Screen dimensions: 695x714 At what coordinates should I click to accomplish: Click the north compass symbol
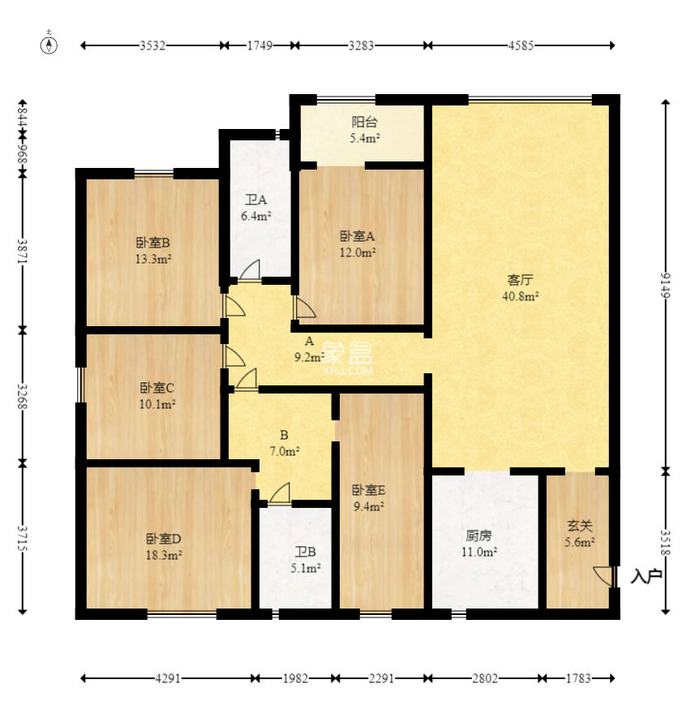pos(49,45)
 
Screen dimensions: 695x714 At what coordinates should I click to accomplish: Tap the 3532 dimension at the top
pos(152,45)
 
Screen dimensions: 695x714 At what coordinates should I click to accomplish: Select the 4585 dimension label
pos(521,45)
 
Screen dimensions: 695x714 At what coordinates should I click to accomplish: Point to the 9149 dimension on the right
pos(666,285)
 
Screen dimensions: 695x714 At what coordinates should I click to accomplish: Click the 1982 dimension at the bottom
pos(295,679)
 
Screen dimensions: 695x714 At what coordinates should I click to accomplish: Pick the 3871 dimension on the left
pos(23,251)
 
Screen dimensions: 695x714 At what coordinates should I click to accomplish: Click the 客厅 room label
pos(520,280)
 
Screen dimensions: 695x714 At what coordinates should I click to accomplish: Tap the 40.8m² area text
pos(520,296)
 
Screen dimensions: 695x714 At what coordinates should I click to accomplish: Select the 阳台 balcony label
pos(365,122)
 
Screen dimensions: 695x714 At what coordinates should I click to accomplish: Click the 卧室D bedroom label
pos(164,539)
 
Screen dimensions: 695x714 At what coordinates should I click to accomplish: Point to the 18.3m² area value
pos(164,556)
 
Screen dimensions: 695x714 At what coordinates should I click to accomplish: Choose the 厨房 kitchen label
pos(478,536)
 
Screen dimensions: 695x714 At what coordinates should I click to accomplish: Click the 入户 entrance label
pos(646,577)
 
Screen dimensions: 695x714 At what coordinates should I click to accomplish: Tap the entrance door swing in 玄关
pos(603,577)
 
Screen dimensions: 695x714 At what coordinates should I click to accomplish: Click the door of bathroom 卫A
pos(250,269)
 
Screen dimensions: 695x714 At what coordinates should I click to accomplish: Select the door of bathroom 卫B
pos(280,493)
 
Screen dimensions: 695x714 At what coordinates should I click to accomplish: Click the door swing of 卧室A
pos(305,308)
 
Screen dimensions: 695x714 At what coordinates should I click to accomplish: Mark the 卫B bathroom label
pos(306,553)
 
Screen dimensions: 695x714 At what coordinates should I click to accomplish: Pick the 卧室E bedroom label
pos(369,490)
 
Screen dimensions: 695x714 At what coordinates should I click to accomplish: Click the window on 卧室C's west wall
pos(80,385)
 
